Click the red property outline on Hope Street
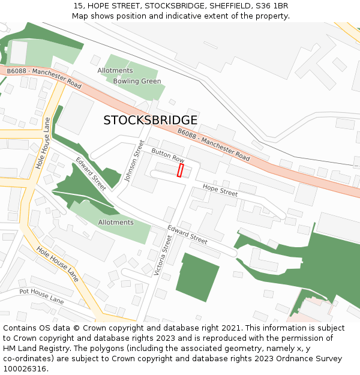(180, 170)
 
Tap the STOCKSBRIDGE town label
(150, 120)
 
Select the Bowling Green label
(137, 81)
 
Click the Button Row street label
(168, 155)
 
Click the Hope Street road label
(220, 191)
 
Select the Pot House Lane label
(41, 295)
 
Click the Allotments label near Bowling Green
(115, 70)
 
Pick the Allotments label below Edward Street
(116, 222)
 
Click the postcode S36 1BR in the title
(274, 5)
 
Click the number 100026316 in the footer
(25, 369)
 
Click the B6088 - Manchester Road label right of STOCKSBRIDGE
(214, 145)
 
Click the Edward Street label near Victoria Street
(187, 234)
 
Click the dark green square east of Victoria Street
(197, 277)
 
